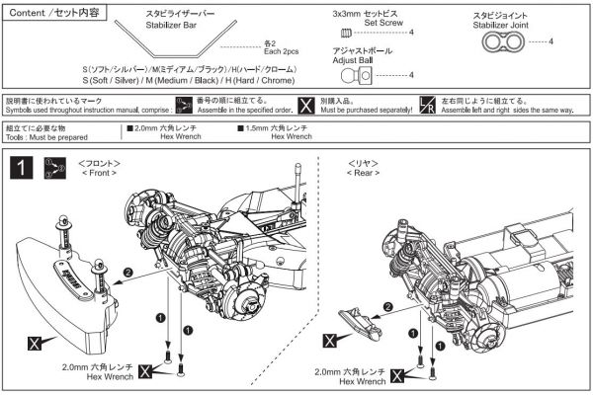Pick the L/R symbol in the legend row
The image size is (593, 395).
coord(427,106)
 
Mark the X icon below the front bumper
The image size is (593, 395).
coord(36,344)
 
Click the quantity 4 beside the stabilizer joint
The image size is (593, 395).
coord(551,40)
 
